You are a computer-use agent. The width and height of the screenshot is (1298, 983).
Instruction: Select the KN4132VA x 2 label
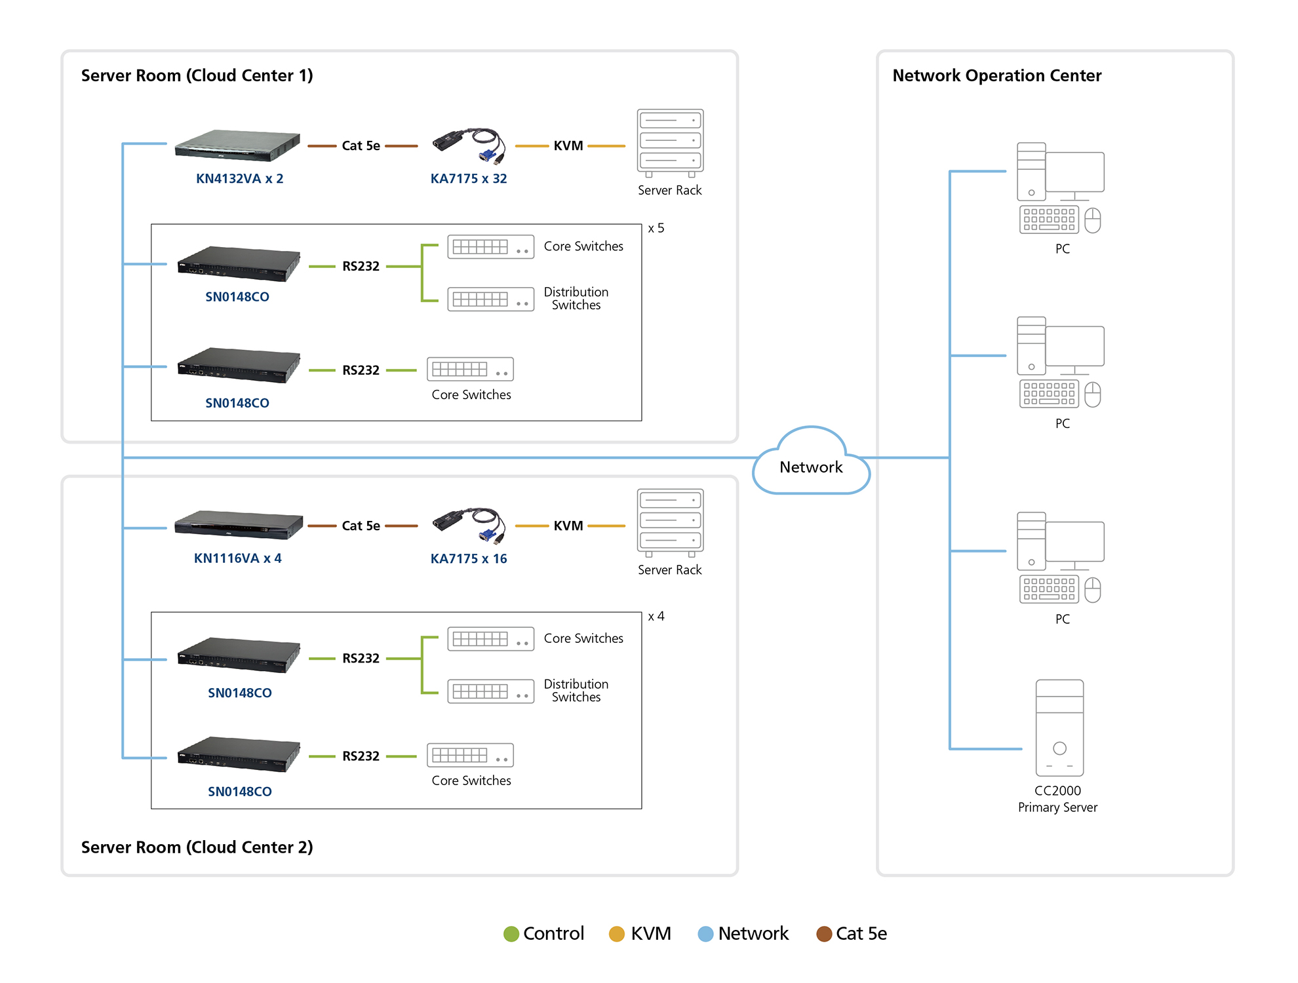[x=239, y=178]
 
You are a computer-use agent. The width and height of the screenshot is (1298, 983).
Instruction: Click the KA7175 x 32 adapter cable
[x=469, y=145]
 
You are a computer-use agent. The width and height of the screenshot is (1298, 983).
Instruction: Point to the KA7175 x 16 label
[x=469, y=558]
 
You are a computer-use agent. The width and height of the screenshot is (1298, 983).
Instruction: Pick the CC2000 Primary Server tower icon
[x=1059, y=727]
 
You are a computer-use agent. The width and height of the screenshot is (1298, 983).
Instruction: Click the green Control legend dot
[x=511, y=934]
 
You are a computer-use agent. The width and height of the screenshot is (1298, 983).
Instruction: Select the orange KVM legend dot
[x=617, y=934]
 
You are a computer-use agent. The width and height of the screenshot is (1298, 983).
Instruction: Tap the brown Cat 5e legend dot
[x=824, y=934]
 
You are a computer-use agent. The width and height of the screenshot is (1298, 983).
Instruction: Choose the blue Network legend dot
[x=705, y=934]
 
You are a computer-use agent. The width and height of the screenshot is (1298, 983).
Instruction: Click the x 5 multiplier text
[x=656, y=228]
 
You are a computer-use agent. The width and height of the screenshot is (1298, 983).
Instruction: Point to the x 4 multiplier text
[x=656, y=616]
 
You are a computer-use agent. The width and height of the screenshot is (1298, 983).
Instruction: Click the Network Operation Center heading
[x=996, y=75]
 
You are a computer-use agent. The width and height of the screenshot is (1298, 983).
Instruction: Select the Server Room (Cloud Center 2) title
[x=197, y=847]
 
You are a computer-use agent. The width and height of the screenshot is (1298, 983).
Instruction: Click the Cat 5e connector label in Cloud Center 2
[x=361, y=526]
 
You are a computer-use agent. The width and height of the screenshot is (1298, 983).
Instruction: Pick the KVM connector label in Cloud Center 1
[x=568, y=145]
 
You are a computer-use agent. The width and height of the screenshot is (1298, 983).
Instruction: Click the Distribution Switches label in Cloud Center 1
[x=576, y=298]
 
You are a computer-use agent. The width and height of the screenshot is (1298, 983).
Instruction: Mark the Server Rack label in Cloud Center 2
[x=669, y=570]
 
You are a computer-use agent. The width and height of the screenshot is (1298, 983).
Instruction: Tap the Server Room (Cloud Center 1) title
[x=197, y=75]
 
